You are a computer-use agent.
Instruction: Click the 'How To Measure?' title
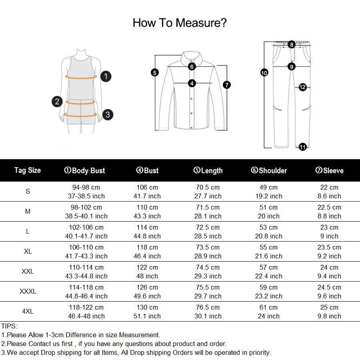180,23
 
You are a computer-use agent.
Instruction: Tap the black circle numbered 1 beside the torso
106,76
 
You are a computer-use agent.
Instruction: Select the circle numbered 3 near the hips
108,115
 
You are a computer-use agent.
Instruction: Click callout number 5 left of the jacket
155,72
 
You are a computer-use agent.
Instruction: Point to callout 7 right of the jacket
227,85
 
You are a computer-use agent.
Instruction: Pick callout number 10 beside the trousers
264,73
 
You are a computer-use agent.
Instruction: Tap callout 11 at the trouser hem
303,147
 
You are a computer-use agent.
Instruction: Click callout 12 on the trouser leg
302,87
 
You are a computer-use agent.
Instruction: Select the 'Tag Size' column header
28,170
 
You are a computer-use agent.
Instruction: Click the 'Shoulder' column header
269,171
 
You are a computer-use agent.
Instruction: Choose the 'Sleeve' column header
329,171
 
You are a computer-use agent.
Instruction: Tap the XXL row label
28,271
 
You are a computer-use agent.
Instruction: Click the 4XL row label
28,311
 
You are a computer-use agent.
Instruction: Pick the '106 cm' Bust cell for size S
147,187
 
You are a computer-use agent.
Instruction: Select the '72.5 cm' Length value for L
207,227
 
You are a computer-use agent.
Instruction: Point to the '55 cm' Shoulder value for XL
269,247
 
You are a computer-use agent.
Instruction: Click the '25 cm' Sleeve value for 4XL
329,307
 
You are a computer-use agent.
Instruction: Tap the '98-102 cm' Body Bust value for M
86,207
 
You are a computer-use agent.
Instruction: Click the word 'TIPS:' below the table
9,326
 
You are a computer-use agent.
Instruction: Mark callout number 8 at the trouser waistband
292,45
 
